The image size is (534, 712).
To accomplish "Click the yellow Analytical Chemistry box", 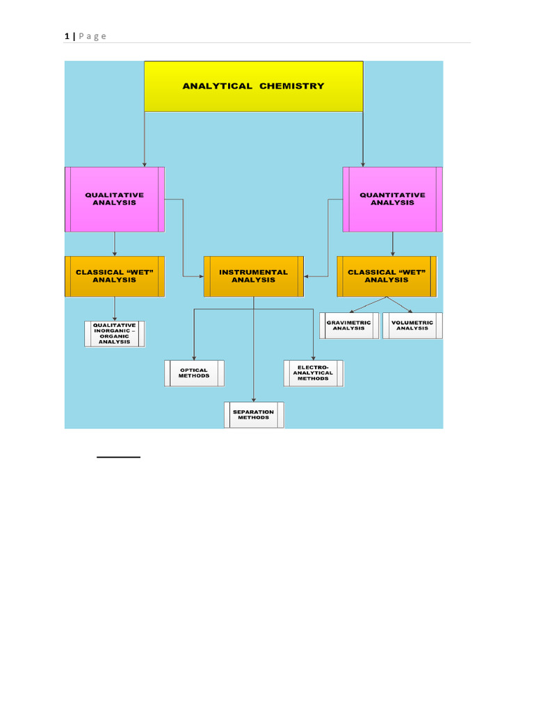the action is [x=253, y=86].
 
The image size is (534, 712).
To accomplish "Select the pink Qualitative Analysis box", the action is [x=115, y=200].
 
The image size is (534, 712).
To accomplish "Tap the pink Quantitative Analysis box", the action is [x=392, y=200].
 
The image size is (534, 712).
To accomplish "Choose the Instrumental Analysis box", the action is [x=253, y=276].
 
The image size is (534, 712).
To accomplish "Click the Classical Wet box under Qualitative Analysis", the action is [x=115, y=276].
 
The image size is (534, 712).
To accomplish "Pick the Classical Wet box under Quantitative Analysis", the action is [x=387, y=276].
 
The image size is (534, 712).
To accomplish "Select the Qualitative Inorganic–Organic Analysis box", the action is [x=115, y=334].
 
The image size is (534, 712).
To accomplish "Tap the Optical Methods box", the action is [x=194, y=373].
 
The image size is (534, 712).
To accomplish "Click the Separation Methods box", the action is [x=254, y=414].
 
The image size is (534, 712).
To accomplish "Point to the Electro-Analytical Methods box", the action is [x=314, y=373].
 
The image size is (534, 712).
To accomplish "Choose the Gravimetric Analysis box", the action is [x=349, y=325].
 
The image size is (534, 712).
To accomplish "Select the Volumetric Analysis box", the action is [x=412, y=325].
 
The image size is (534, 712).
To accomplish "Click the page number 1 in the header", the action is [x=67, y=36].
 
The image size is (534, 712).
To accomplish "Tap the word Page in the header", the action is [x=92, y=36].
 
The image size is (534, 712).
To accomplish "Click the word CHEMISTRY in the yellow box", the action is [x=292, y=86].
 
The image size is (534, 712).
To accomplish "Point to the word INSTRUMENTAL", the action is [x=253, y=272].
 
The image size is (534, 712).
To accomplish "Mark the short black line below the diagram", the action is [x=118, y=457].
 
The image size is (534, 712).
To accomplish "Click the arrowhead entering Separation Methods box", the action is [x=253, y=400].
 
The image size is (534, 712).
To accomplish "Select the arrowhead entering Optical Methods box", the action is [x=194, y=358].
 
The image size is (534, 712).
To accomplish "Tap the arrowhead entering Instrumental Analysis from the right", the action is [x=306, y=276].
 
